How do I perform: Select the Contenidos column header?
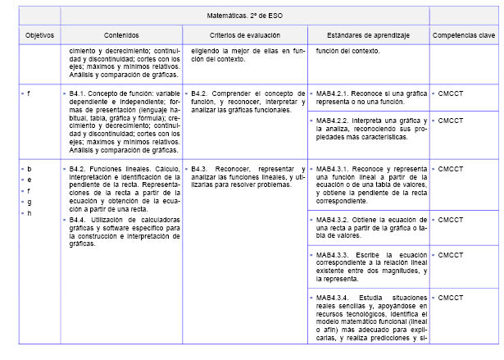pos(121,36)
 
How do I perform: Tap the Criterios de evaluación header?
pos(244,36)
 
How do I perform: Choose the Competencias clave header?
pos(464,36)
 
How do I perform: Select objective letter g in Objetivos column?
pos(30,202)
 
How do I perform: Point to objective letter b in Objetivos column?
pos(30,168)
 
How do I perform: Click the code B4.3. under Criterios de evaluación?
pos(202,168)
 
